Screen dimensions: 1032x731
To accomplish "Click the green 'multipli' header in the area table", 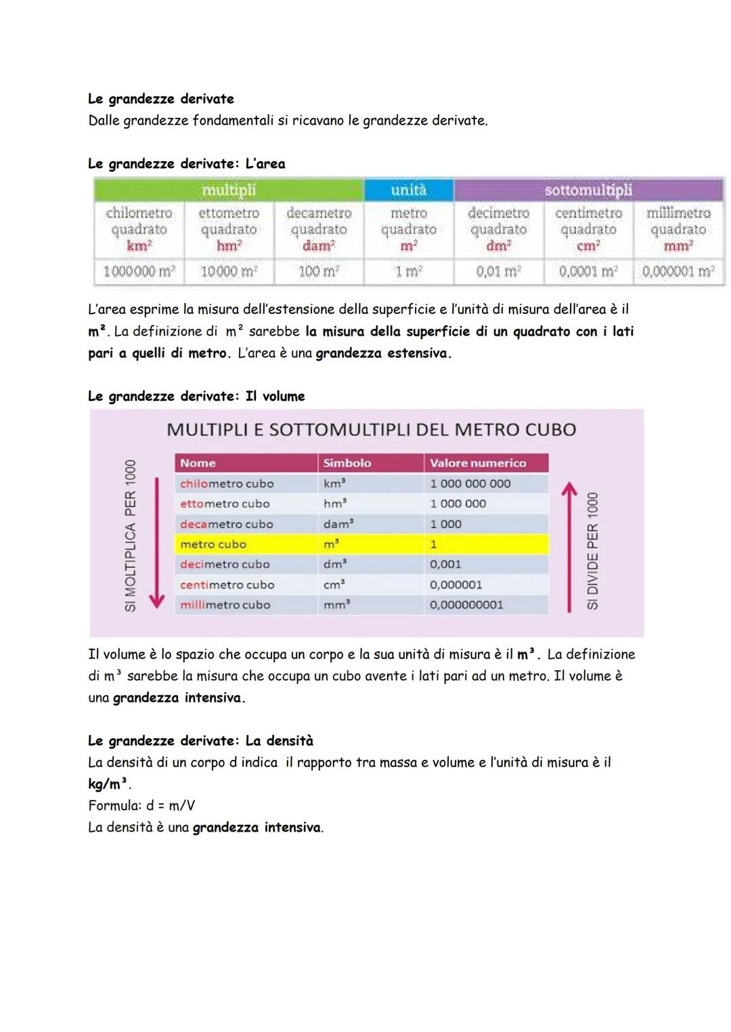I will pos(229,190).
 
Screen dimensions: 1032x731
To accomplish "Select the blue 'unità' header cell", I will pos(409,190).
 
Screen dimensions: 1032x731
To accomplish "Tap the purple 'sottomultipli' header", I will pos(588,190).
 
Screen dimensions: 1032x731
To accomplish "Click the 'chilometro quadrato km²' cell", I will pos(139,229).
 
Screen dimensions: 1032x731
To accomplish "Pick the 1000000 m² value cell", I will pos(139,271).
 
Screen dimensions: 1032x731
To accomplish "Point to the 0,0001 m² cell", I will pos(588,271).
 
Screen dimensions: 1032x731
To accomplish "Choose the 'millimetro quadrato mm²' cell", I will pos(678,229).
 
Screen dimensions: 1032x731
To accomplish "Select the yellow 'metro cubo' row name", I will pos(213,544).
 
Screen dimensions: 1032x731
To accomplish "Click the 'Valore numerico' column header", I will pos(478,463).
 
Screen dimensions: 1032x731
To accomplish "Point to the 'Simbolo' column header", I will pos(347,463).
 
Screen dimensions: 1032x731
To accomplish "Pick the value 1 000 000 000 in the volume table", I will pos(470,483).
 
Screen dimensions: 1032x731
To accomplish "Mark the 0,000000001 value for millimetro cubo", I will pos(466,604).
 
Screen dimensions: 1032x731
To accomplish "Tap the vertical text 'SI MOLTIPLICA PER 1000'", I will pos(131,535).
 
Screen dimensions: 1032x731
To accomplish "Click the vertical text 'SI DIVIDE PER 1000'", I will pos(593,551).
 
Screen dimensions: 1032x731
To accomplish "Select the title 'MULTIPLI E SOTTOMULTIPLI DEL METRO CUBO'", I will pos(371,430).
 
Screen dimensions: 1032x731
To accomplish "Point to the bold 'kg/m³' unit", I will pos(108,784).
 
